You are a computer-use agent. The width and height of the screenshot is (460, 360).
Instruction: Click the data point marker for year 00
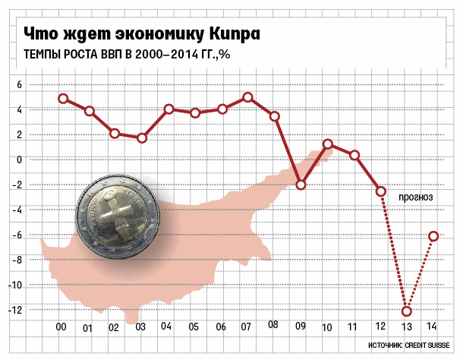63,99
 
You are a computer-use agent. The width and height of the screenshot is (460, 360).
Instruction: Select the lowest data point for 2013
407,311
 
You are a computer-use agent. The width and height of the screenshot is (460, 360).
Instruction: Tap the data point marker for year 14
433,236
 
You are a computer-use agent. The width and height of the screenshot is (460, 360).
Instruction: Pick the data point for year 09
301,185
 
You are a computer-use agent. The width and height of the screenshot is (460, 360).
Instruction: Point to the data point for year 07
248,97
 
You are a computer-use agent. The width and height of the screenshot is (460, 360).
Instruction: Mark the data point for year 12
381,191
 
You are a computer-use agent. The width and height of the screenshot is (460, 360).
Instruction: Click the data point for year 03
142,138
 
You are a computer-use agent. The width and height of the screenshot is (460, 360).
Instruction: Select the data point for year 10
328,144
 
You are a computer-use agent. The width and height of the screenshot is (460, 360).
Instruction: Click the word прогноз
415,197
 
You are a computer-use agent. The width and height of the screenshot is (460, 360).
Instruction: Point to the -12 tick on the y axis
19,310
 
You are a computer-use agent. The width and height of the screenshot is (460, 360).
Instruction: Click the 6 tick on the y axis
20,85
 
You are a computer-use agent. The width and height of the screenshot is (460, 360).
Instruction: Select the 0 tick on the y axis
20,159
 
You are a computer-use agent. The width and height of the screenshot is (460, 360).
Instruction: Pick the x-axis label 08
273,325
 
